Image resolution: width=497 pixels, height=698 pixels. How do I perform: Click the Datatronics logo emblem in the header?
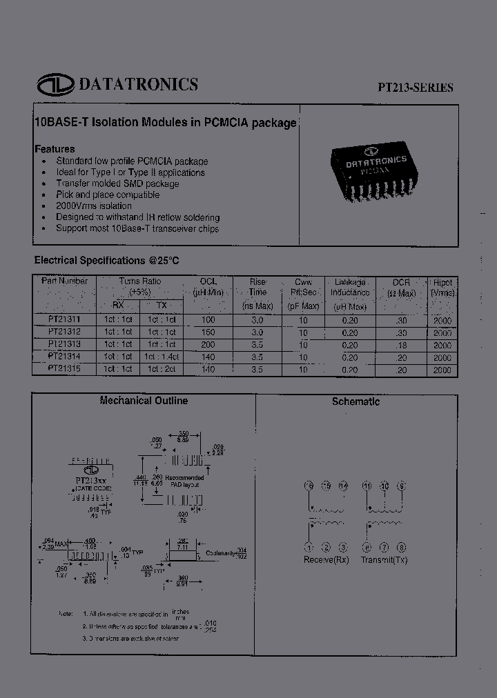point(55,85)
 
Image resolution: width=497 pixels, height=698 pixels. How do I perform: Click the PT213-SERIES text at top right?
point(415,88)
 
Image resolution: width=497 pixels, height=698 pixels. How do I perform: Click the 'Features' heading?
point(55,149)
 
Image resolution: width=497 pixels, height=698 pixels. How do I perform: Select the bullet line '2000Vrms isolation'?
point(94,206)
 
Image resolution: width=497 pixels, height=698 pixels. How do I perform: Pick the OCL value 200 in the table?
point(208,345)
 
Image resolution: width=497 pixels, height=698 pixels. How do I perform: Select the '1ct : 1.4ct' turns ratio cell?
point(162,357)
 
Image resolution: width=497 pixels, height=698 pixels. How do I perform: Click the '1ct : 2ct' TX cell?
point(162,370)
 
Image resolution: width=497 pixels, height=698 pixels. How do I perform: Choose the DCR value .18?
point(401,345)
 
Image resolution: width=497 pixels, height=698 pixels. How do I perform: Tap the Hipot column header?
point(442,288)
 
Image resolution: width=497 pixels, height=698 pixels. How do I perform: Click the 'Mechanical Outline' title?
point(144,401)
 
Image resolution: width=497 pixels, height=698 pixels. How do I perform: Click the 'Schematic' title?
point(355,401)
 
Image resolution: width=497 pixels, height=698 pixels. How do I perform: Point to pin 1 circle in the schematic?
point(309,548)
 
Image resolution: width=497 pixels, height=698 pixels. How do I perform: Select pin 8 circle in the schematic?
point(402,548)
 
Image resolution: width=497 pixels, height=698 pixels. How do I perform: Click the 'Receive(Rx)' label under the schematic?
point(326,560)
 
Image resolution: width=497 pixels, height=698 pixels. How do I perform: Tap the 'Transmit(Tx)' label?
point(384,560)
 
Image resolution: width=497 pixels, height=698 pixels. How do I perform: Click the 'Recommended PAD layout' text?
point(184,481)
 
